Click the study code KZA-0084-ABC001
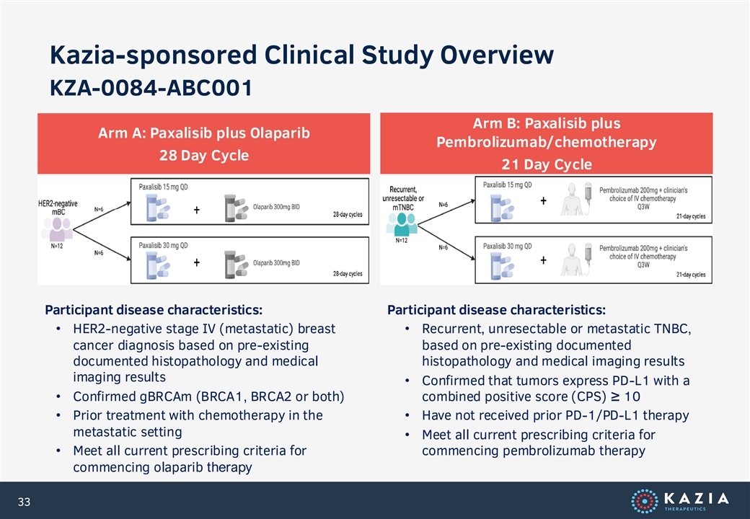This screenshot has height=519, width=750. (x=151, y=88)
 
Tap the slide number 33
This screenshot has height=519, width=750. (x=24, y=502)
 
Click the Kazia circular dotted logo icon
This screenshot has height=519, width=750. (x=644, y=501)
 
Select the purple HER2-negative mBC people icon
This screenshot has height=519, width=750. (x=57, y=229)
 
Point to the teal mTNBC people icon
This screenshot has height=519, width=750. (x=402, y=224)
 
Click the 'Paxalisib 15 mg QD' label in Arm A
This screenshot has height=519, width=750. (x=163, y=187)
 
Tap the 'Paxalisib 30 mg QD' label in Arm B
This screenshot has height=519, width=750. (x=507, y=246)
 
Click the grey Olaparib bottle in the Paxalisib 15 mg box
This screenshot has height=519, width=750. (x=235, y=208)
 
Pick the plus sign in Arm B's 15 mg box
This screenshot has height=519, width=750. (x=543, y=200)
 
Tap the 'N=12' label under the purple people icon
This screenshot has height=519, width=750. (x=56, y=246)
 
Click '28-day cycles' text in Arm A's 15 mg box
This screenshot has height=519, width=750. (x=348, y=215)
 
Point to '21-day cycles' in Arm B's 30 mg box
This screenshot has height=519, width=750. (x=691, y=275)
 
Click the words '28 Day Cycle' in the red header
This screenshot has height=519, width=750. (x=204, y=155)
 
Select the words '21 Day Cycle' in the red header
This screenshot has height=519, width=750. (x=547, y=164)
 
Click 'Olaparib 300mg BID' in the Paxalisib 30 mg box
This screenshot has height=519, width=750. (x=276, y=263)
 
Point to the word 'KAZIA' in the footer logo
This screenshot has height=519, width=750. (x=697, y=498)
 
